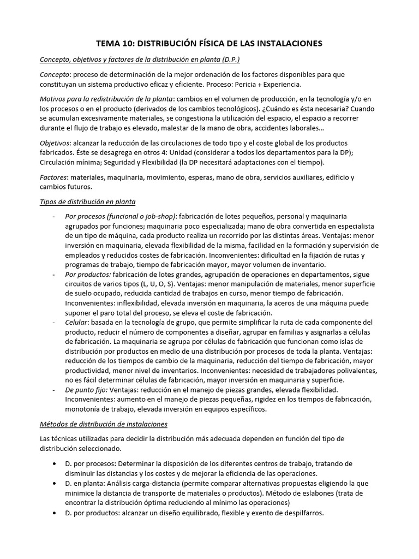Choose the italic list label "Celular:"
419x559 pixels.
click(77, 323)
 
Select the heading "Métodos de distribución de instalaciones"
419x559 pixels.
click(104, 424)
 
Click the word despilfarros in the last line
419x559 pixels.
click(298, 513)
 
